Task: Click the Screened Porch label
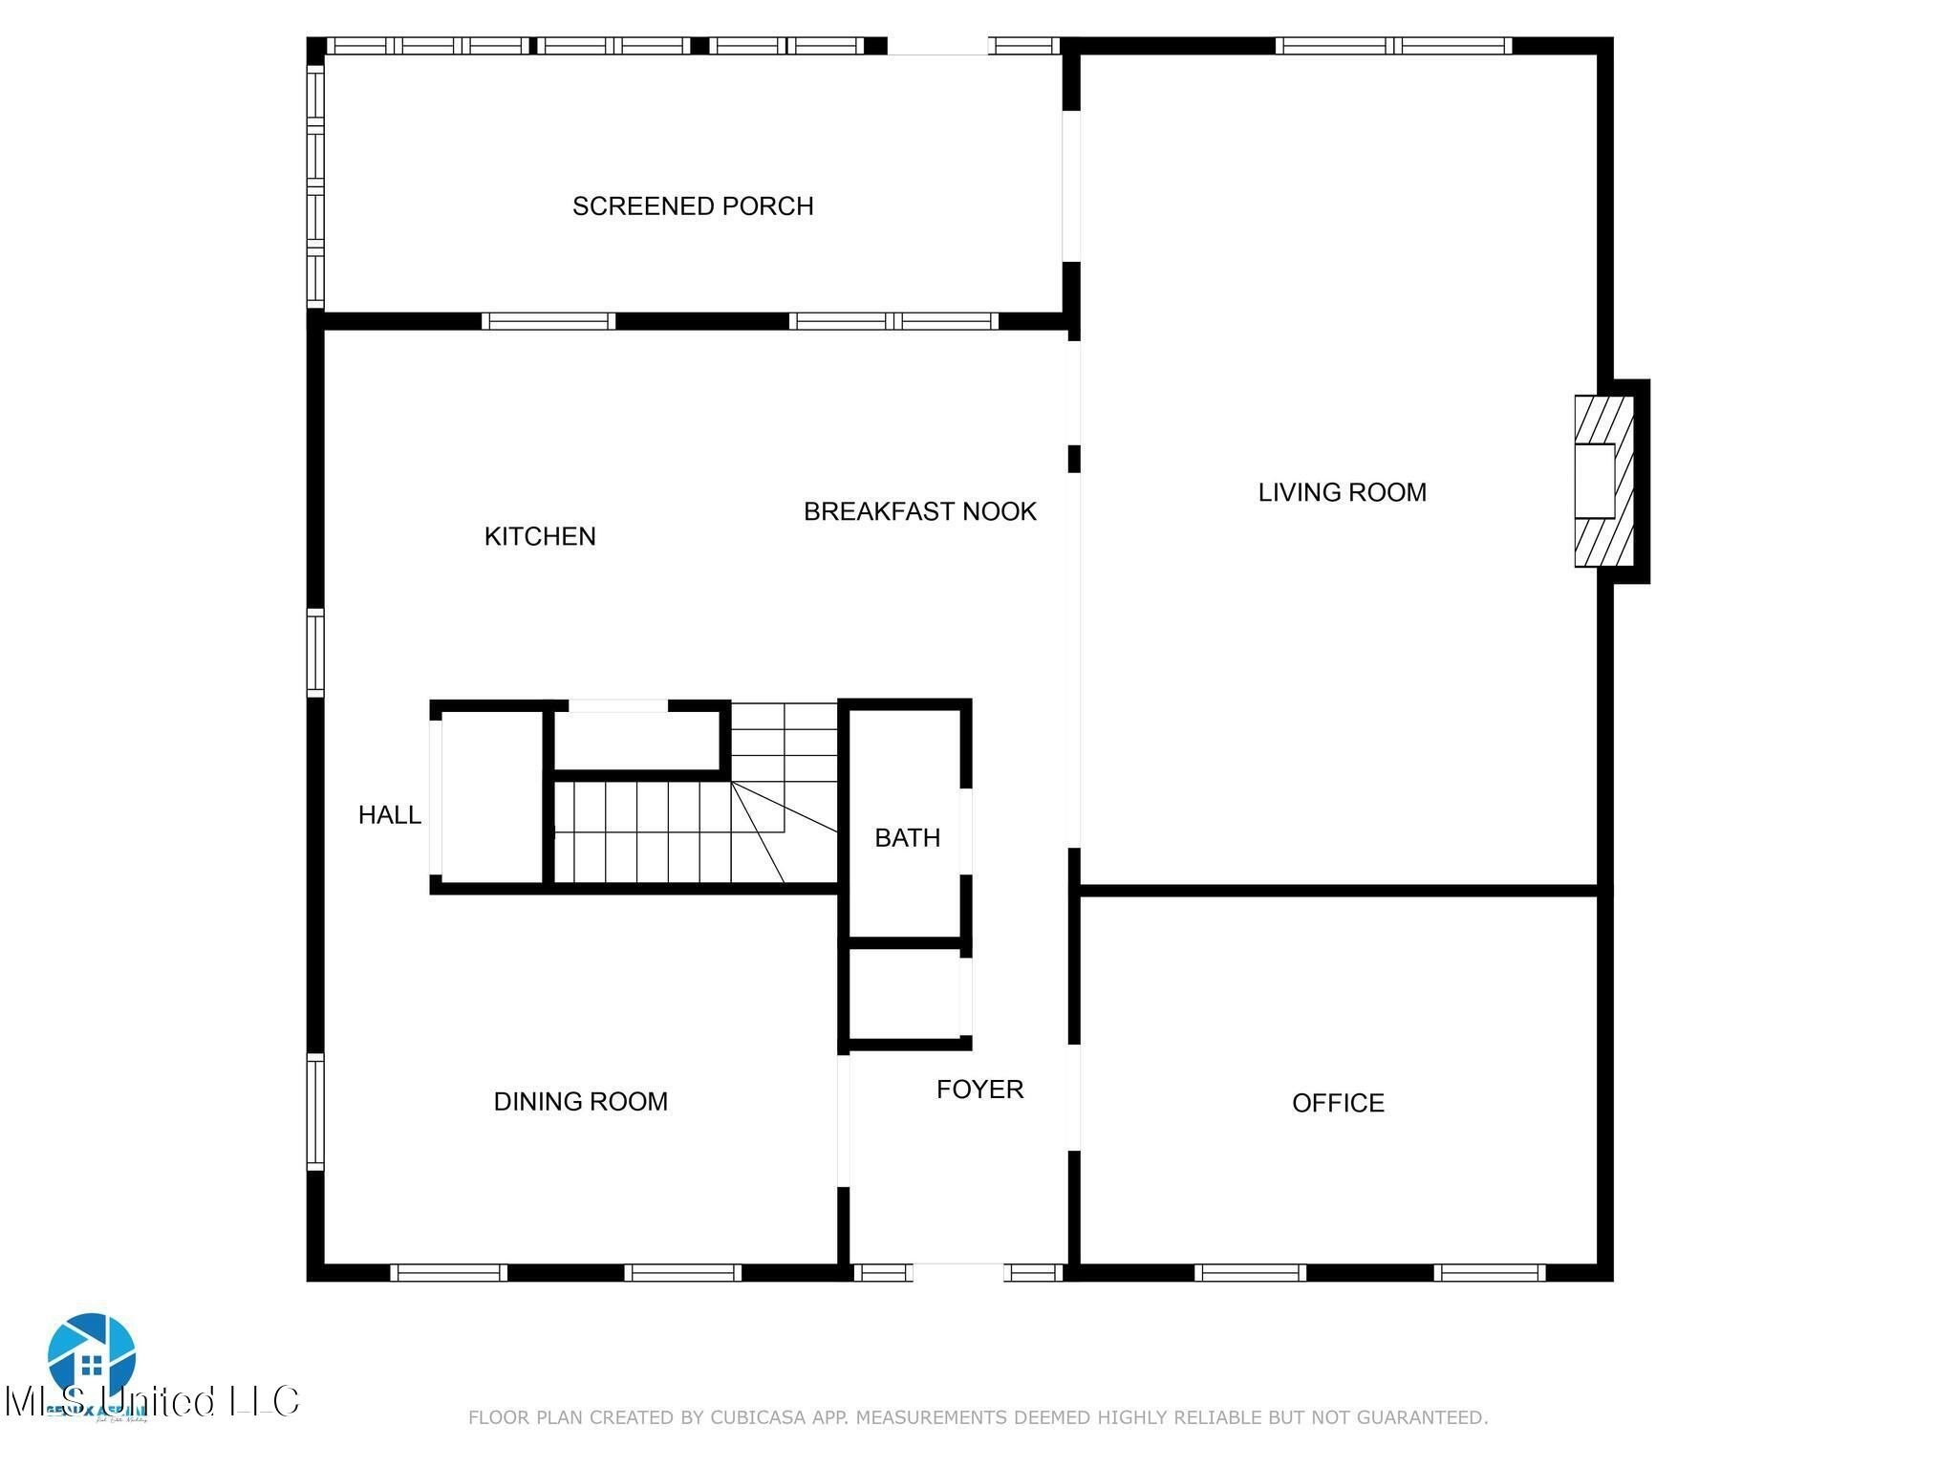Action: [693, 206]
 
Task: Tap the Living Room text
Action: [1342, 492]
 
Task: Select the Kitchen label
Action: [540, 536]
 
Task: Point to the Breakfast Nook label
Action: [919, 511]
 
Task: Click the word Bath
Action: [907, 838]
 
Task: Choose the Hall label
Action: [389, 815]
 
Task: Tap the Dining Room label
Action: [580, 1102]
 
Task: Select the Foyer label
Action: [979, 1090]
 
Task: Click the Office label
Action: [1338, 1103]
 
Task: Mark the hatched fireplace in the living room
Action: [1604, 482]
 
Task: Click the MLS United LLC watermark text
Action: [153, 1402]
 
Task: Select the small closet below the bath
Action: [905, 994]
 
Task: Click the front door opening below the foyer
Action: [958, 1272]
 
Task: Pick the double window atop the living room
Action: [1393, 46]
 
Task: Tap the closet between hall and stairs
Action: [493, 798]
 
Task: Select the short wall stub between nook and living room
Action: [1073, 459]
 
